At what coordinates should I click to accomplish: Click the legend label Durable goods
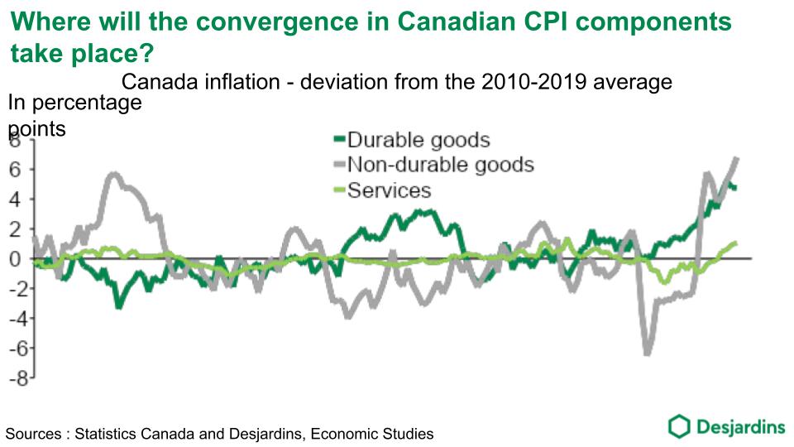(x=419, y=140)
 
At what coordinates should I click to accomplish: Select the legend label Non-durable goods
(x=440, y=165)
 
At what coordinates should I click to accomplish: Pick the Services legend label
(x=389, y=190)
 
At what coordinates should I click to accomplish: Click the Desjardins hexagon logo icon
(x=679, y=426)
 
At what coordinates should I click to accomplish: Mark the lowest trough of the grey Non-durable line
(x=648, y=353)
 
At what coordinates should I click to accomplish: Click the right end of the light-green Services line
(x=735, y=243)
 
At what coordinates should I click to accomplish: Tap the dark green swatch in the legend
(x=338, y=140)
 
